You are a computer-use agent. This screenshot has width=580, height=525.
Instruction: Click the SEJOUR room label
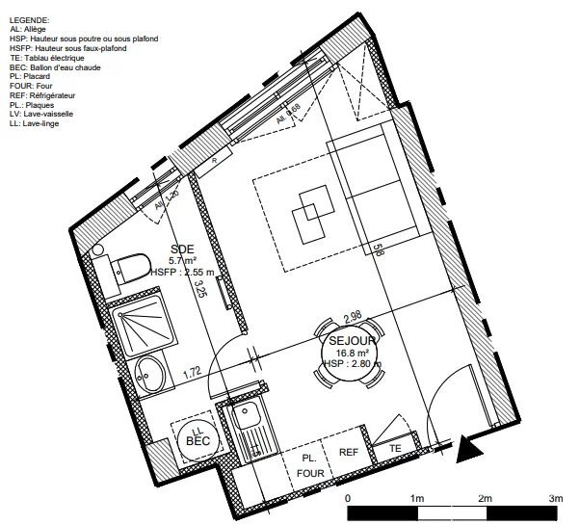click(353, 341)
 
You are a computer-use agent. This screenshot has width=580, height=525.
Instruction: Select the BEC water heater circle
click(197, 439)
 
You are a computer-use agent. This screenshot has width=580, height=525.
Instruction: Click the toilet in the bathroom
click(125, 266)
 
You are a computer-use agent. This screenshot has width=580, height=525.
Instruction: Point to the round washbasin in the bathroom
click(148, 372)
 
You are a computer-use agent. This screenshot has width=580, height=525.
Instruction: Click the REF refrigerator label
click(348, 452)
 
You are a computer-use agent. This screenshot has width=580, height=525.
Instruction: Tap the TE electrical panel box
click(395, 449)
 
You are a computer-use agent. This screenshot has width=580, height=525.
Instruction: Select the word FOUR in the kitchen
click(310, 474)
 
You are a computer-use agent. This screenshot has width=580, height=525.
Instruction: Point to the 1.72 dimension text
click(192, 371)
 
